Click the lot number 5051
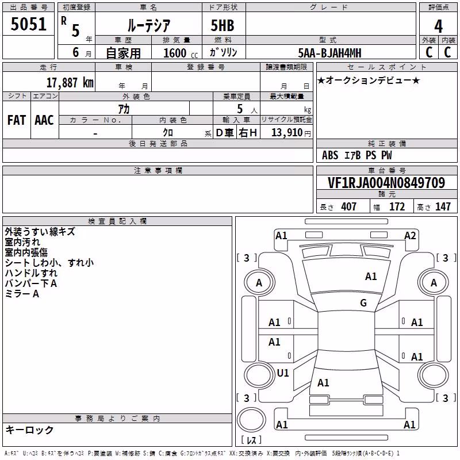[x=29, y=24]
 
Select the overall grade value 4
[x=438, y=26]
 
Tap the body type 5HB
[x=223, y=25]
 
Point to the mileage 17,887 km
[x=70, y=83]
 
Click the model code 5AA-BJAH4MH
[x=329, y=53]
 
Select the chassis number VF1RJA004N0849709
[x=386, y=183]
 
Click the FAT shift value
[x=17, y=120]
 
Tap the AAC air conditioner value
[x=44, y=120]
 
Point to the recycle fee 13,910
[x=287, y=133]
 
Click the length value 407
[x=348, y=206]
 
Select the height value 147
[x=443, y=206]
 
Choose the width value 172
[x=397, y=206]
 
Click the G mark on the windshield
[x=363, y=303]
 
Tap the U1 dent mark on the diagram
[x=283, y=373]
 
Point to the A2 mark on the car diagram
[x=410, y=236]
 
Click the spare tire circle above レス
[x=251, y=420]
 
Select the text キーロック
[x=30, y=430]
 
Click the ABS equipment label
[x=330, y=155]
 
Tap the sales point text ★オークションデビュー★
[x=369, y=80]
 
